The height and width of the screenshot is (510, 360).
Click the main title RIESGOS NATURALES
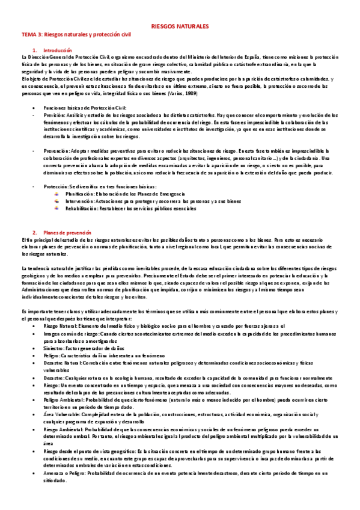pos(180,28)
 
